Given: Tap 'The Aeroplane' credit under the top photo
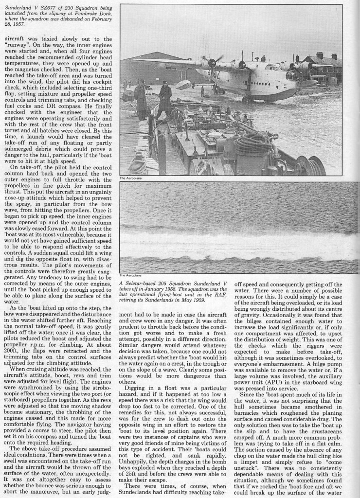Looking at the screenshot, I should [x=129, y=178].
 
